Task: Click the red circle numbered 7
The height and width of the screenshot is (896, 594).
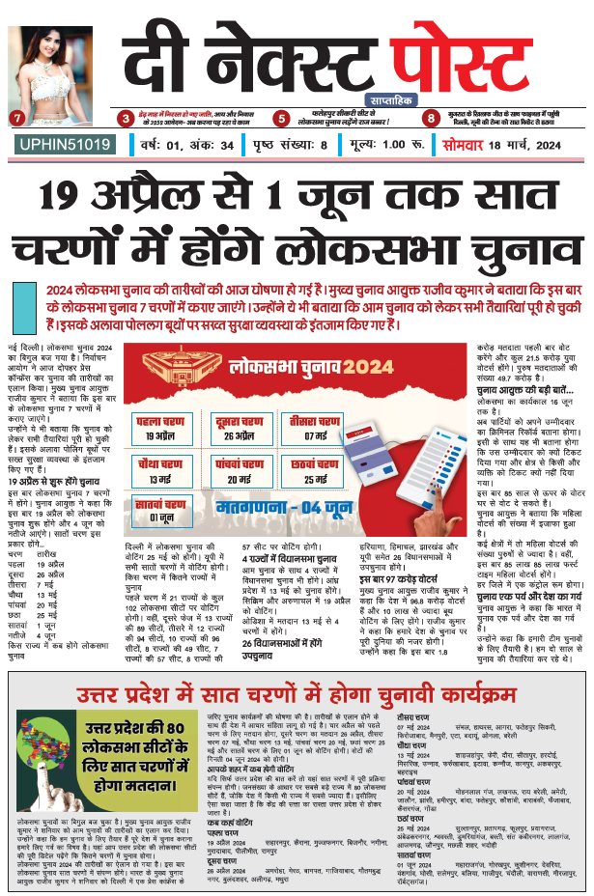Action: coord(15,119)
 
